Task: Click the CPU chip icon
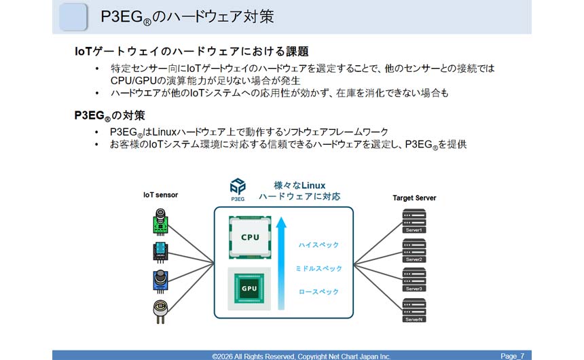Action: tap(250, 237)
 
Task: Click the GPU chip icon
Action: tap(250, 287)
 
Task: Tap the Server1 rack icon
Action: tap(414, 222)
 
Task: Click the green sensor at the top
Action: tap(160, 221)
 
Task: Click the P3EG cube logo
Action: tap(238, 186)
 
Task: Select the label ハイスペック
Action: tap(318, 245)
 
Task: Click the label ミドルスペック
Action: tap(318, 269)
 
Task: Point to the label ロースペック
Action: tap(318, 293)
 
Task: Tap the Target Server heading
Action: tap(414, 198)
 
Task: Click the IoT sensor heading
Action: tap(160, 195)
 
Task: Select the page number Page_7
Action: tap(512, 355)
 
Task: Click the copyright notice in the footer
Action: tap(302, 355)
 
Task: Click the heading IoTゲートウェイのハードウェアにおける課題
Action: tap(191, 52)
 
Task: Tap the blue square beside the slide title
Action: tap(73, 17)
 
